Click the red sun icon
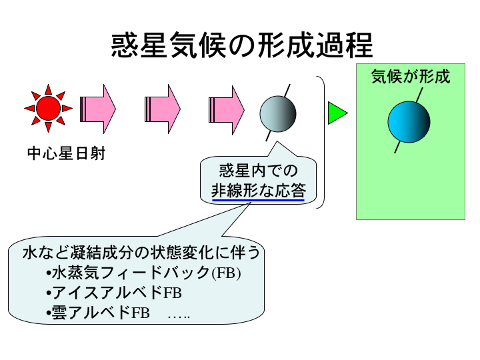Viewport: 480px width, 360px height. [x=48, y=107]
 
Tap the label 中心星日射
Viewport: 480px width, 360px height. [x=66, y=154]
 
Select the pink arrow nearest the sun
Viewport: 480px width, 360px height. [x=98, y=108]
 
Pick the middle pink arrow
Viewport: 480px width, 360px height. [x=163, y=108]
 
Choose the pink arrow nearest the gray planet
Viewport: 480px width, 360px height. [x=227, y=108]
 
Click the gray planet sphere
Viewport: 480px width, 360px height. [x=277, y=112]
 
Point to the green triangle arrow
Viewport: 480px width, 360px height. [x=337, y=113]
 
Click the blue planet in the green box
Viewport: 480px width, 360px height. [x=409, y=121]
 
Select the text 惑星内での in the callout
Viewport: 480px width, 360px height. [x=258, y=171]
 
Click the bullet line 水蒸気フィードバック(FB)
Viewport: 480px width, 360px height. [x=143, y=274]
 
